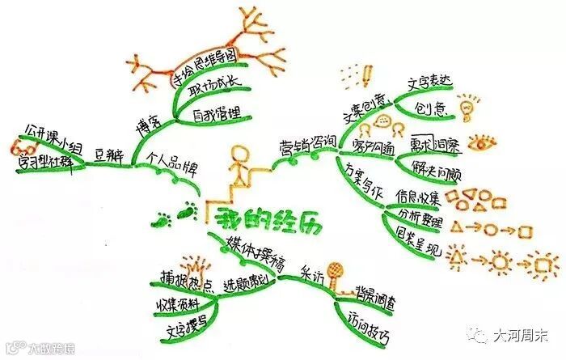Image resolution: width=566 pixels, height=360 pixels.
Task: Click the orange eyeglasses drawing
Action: pyautogui.click(x=18, y=149)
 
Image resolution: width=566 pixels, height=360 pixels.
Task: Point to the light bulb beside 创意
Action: pyautogui.click(x=468, y=107)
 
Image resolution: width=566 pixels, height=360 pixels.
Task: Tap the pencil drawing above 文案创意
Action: pyautogui.click(x=367, y=74)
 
